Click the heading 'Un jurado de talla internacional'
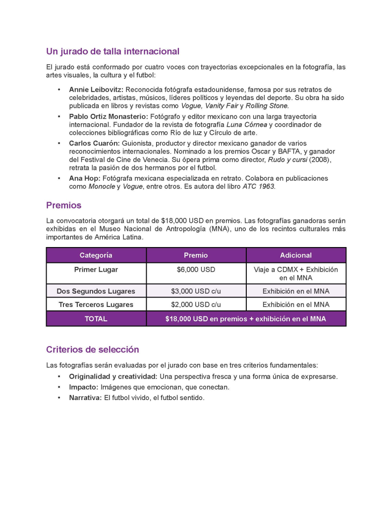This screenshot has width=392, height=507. (112, 51)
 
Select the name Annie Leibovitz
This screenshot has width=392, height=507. (96, 90)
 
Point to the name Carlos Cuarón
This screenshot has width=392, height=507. (94, 143)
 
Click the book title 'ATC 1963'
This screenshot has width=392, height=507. (259, 187)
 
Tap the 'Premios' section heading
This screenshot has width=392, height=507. (63, 205)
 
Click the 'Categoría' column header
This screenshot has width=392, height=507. (96, 255)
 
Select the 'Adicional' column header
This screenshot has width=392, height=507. (295, 255)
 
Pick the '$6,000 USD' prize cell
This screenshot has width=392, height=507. (196, 270)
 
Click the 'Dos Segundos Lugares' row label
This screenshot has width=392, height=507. (96, 291)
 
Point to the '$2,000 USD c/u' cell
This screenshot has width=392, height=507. (196, 304)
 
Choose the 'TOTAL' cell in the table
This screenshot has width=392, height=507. (96, 319)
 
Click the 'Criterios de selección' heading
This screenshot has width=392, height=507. (93, 350)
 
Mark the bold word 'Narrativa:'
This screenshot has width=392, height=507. (86, 398)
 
